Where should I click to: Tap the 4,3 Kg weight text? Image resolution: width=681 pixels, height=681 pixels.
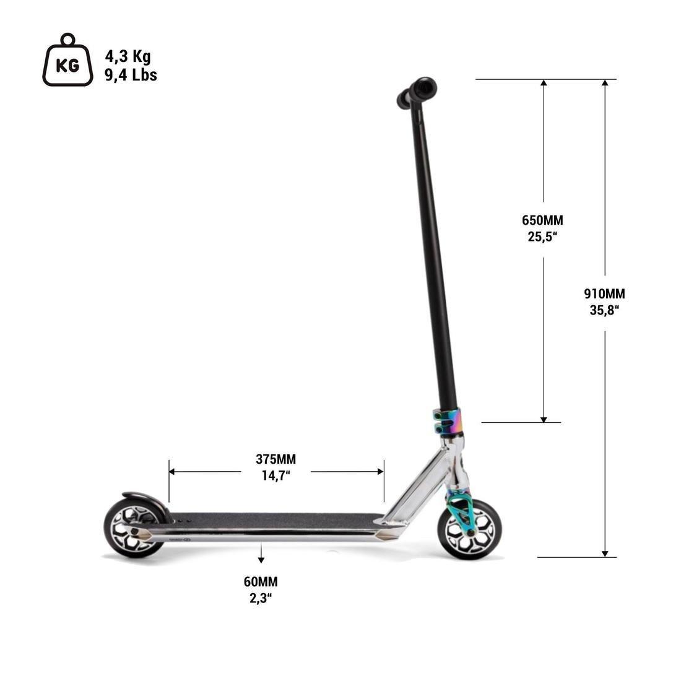click(128, 56)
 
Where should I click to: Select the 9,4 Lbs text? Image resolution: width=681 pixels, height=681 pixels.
click(131, 76)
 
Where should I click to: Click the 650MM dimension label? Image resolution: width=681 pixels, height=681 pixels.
click(542, 220)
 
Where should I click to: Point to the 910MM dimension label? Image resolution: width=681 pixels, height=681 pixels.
click(604, 294)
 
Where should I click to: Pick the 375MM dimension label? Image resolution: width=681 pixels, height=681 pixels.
click(275, 459)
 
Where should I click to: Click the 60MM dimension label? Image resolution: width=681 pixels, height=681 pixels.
click(261, 582)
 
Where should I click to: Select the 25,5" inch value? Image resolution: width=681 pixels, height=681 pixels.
click(543, 236)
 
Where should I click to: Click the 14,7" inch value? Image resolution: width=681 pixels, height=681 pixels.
click(275, 475)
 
